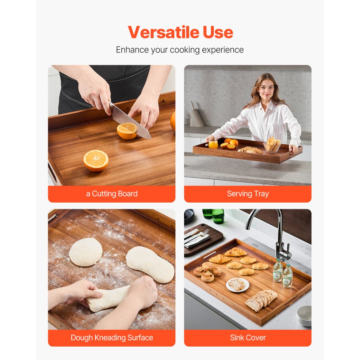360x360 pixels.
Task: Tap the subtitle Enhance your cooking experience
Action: point(180,50)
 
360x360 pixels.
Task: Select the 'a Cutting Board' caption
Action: point(112,194)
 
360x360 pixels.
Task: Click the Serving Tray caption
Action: point(248,194)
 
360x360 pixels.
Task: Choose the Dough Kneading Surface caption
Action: point(112,338)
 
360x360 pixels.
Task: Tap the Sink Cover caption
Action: point(248,338)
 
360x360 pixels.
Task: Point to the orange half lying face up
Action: point(96,160)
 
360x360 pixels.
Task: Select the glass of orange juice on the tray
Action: point(213,144)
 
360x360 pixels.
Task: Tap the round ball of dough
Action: point(86,252)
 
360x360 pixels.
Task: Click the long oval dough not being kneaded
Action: point(150,264)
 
